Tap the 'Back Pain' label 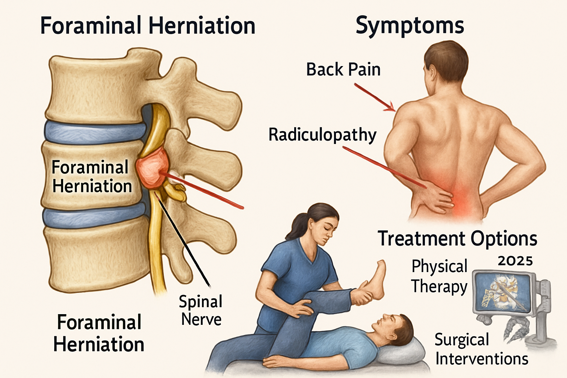point(343,69)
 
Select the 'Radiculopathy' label point(323,135)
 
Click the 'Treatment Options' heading point(457,239)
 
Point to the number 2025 point(515,261)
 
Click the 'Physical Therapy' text point(439,276)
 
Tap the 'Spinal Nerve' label point(200,310)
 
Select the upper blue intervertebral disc point(96,133)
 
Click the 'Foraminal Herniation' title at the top point(148,26)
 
